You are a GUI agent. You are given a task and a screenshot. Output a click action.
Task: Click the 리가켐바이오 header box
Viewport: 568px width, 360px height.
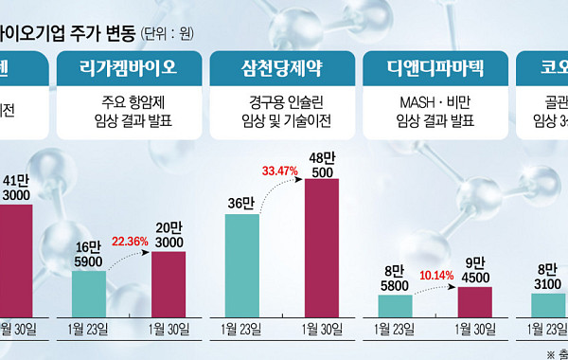pos(131,67)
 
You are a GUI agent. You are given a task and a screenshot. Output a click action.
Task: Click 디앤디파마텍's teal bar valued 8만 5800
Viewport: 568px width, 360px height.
pos(395,305)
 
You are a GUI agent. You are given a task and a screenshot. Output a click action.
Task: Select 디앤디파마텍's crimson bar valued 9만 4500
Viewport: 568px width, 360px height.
pos(475,301)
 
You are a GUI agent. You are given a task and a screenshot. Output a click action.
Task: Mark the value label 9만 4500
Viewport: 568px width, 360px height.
pos(475,269)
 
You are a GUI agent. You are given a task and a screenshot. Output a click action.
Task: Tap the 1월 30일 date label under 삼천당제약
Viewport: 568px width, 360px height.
pos(322,329)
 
